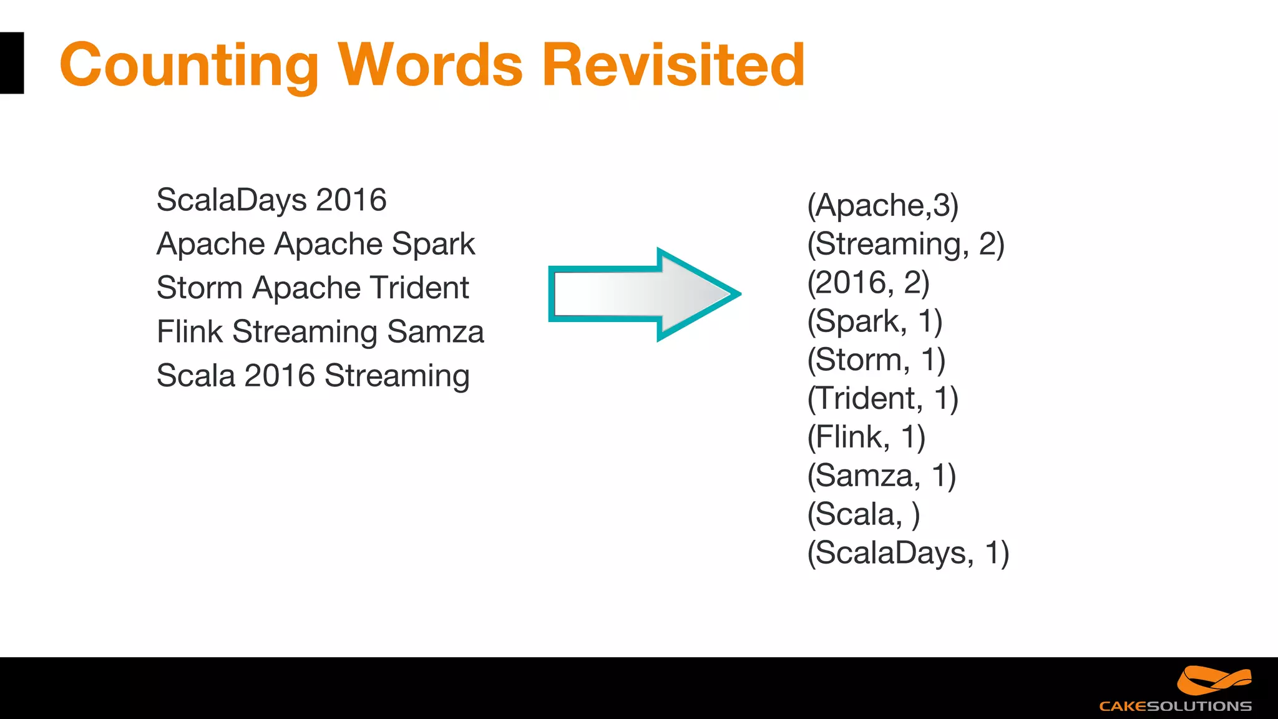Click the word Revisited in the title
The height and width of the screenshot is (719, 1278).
click(674, 64)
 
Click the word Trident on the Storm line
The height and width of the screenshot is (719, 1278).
click(419, 288)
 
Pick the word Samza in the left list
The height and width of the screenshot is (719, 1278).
click(435, 331)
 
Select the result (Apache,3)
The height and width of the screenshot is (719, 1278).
click(882, 205)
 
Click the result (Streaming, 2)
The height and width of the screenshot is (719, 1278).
click(905, 244)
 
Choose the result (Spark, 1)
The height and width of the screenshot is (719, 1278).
click(874, 321)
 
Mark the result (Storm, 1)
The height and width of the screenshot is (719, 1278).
click(876, 360)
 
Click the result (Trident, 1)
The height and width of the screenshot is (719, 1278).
click(882, 399)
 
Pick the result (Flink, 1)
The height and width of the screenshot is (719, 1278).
click(866, 437)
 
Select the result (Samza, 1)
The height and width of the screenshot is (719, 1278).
click(881, 476)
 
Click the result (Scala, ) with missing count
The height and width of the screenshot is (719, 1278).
click(863, 515)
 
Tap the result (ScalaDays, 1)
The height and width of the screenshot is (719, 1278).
click(908, 554)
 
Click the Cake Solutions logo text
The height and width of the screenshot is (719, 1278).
click(1175, 706)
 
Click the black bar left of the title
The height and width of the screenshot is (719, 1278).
click(11, 63)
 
